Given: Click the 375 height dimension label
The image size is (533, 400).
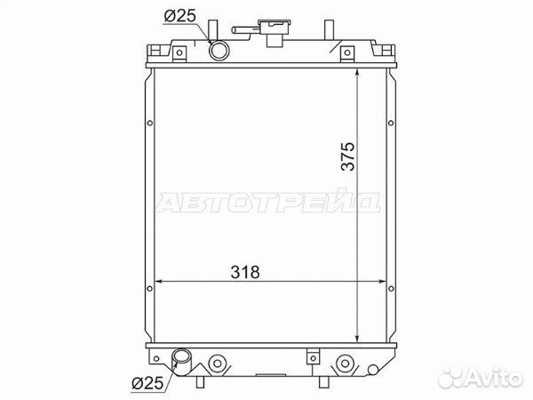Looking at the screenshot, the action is tap(348, 156).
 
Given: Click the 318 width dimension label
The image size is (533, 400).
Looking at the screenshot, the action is tap(245, 272).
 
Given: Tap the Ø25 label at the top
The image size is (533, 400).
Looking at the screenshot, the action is tap(180, 15).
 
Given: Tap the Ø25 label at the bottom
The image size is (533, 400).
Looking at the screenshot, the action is tap(147, 384).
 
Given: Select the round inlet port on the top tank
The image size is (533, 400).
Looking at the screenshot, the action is tap(219, 51).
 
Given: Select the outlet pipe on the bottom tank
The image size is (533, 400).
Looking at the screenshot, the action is tap(182, 363).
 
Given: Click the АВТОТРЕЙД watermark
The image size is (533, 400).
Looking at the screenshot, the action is tap(268, 203).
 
